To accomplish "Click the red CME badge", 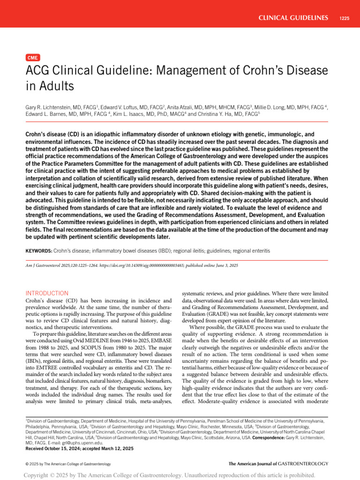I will pos(33,58).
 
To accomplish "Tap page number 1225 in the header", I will pos(343,18).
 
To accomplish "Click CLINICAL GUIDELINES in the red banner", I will pos(293,18).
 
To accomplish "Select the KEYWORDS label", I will pos(39,251).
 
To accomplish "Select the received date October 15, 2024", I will pos(60,449).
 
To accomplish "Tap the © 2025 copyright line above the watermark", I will pos(68,464).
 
